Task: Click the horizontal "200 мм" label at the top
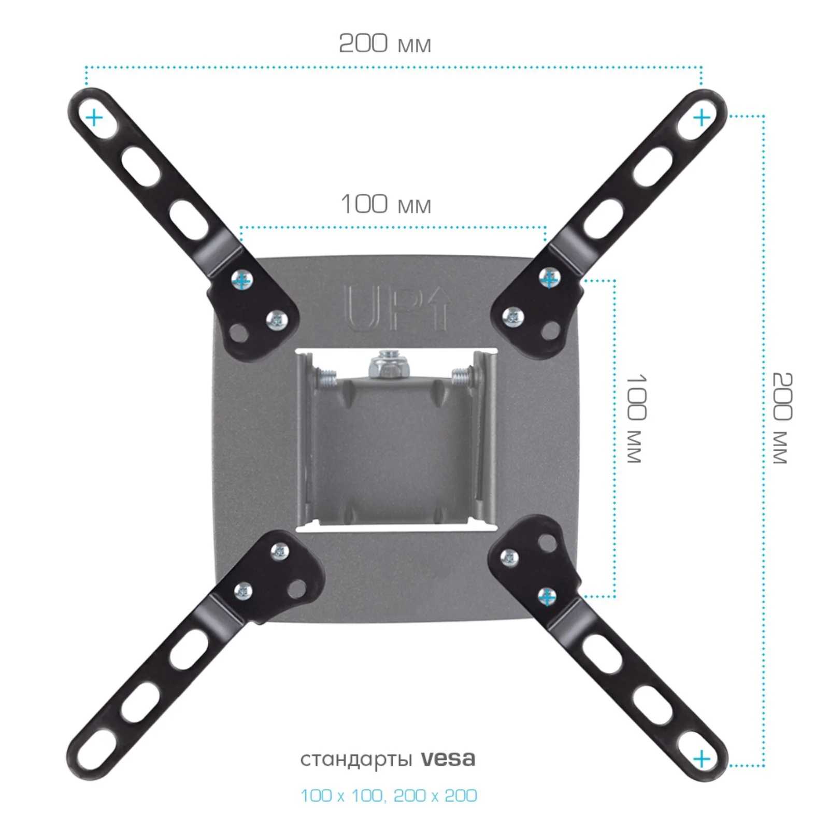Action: pyautogui.click(x=384, y=43)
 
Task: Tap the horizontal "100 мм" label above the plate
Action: pyautogui.click(x=385, y=204)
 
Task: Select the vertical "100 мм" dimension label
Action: pyautogui.click(x=636, y=418)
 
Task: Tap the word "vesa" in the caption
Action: pyautogui.click(x=448, y=759)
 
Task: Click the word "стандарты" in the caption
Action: pyautogui.click(x=356, y=760)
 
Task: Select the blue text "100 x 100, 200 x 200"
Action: pyautogui.click(x=389, y=795)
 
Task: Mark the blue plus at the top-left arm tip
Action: pyautogui.click(x=94, y=118)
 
